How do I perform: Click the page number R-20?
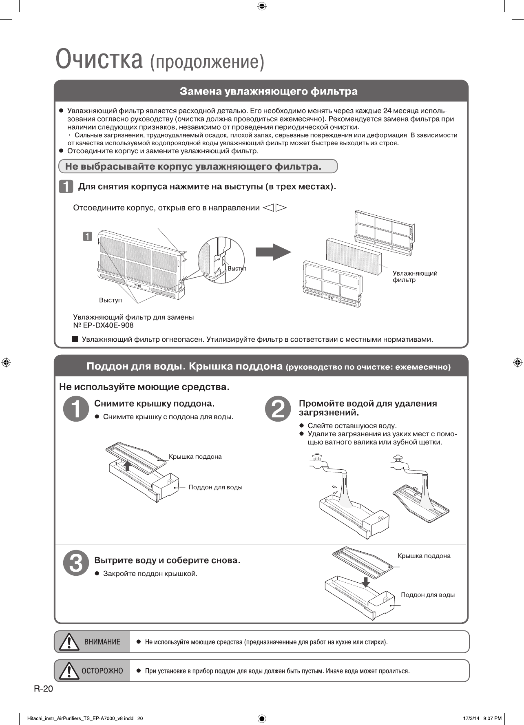44,689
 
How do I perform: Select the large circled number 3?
76,563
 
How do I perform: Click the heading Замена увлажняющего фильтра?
269,91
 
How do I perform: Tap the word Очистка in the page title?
99,60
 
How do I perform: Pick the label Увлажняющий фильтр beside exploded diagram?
415,276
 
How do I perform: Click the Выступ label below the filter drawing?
111,300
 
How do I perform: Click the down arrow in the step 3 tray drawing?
366,582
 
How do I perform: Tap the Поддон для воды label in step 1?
215,487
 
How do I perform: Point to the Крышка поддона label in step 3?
424,556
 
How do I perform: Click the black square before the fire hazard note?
75,339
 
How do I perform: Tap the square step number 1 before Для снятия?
66,187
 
